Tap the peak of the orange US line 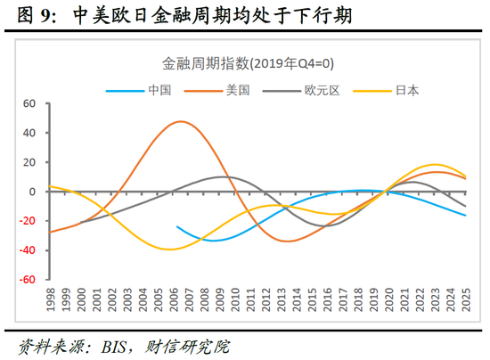pos(181,121)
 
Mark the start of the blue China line pos(176,226)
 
